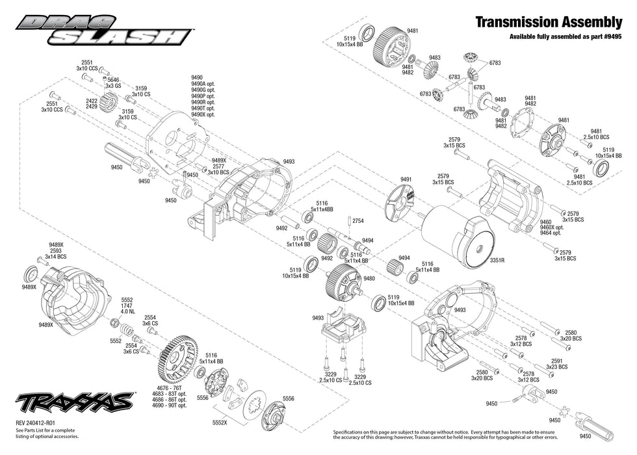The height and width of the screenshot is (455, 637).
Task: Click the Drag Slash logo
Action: click(x=103, y=30)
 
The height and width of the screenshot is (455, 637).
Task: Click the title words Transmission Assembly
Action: click(x=549, y=22)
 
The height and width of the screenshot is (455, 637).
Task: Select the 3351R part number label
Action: click(x=497, y=261)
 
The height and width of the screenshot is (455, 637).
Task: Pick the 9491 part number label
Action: click(x=406, y=179)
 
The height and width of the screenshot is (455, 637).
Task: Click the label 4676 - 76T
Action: click(x=173, y=388)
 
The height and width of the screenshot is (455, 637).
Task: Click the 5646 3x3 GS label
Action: click(x=113, y=83)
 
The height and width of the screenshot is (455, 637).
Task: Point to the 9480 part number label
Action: click(x=369, y=278)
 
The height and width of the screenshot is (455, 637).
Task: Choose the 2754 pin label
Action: click(x=358, y=221)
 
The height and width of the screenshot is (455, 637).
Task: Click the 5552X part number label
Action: click(x=220, y=422)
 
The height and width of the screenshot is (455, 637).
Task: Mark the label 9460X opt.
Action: click(x=552, y=227)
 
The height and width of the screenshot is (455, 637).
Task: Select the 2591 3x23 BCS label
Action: click(x=557, y=364)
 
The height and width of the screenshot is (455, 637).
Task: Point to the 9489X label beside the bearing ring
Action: click(x=29, y=287)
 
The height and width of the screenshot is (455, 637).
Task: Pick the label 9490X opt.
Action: click(x=203, y=114)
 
